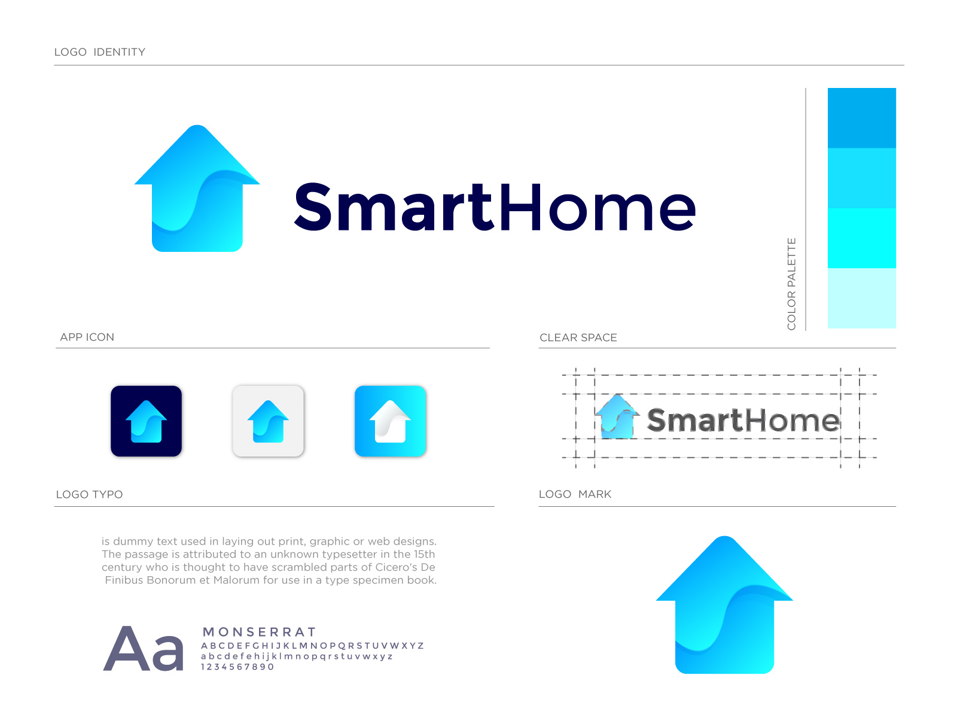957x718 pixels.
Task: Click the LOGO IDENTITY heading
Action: (x=99, y=52)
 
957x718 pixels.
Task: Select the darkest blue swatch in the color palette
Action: (x=861, y=118)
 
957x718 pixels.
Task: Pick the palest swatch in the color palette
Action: (x=861, y=298)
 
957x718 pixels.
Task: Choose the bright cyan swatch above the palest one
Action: (x=861, y=238)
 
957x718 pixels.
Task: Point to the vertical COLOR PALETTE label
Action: (x=791, y=284)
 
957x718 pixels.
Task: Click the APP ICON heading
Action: (x=87, y=337)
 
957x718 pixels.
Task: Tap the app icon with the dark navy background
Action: (x=146, y=421)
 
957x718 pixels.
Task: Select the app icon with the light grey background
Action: (x=268, y=421)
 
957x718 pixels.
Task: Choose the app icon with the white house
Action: (x=390, y=421)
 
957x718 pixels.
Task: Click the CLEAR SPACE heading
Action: (x=578, y=337)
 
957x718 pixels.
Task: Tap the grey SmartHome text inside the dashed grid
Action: (x=743, y=420)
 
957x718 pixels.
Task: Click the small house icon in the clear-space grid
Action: (x=617, y=417)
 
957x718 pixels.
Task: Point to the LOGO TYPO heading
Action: (x=89, y=494)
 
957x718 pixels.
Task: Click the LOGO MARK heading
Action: (x=575, y=494)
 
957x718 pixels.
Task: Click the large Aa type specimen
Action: (x=144, y=649)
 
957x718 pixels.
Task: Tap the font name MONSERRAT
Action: (x=259, y=632)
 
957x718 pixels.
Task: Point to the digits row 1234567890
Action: (x=237, y=667)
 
